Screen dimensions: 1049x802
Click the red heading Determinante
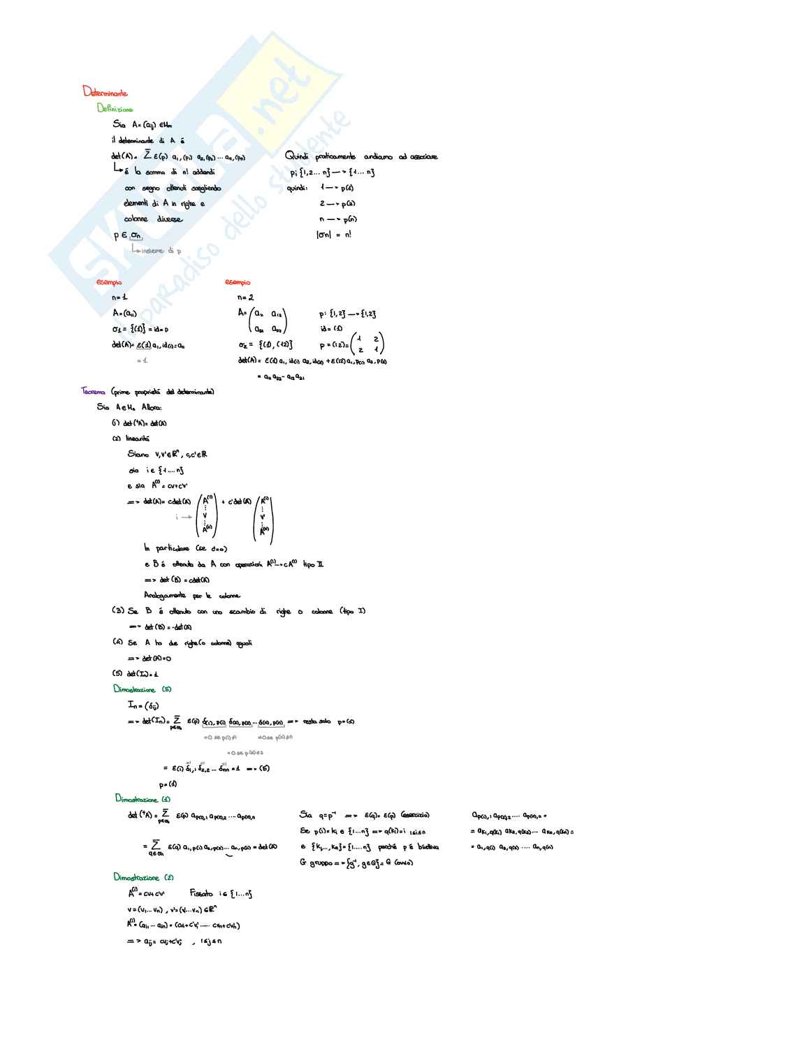pos(105,91)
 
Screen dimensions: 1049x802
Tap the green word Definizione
pos(115,108)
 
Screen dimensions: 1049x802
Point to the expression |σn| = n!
pos(333,235)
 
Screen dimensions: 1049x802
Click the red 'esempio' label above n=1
pos(108,282)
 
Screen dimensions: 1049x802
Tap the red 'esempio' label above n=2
pos(237,282)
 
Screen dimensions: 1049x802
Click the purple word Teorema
pos(93,391)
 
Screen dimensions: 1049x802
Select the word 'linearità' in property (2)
pos(137,439)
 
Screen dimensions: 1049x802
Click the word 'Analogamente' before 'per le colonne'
pos(165,596)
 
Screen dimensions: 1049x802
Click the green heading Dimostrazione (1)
pos(143,799)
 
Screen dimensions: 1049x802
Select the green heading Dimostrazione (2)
pos(143,878)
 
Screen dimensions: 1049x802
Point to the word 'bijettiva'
pos(428,847)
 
